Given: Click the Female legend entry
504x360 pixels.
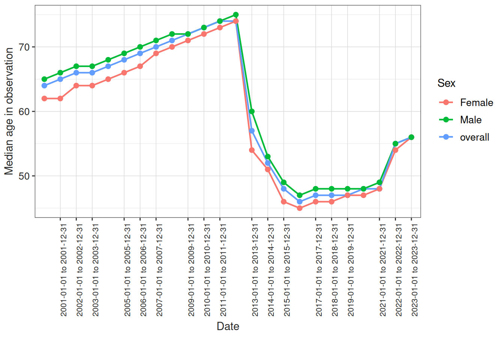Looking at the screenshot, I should pyautogui.click(x=476, y=102).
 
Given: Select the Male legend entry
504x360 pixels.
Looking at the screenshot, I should pyautogui.click(x=471, y=120).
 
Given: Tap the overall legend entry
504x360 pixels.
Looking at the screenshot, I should pyautogui.click(x=474, y=137).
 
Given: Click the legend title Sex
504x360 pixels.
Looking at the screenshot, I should pyautogui.click(x=446, y=83).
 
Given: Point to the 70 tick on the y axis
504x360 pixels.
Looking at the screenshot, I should pyautogui.click(x=24, y=47).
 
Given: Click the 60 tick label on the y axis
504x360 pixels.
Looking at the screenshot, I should pyautogui.click(x=24, y=112).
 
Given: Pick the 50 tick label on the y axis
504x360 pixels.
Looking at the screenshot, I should pyautogui.click(x=24, y=176).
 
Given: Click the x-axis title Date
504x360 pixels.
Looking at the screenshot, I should pyautogui.click(x=228, y=326).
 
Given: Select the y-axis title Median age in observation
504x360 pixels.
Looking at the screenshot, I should pyautogui.click(x=9, y=111).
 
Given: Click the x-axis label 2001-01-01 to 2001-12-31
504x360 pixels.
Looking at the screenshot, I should pyautogui.click(x=64, y=270).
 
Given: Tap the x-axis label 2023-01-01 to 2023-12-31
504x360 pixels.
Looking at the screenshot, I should pyautogui.click(x=415, y=270).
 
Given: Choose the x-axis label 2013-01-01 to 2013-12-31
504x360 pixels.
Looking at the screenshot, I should pyautogui.click(x=255, y=270).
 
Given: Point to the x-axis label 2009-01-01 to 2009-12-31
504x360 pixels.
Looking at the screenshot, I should pyautogui.click(x=191, y=270).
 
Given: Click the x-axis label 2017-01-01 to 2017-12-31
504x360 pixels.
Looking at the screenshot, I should pyautogui.click(x=319, y=270).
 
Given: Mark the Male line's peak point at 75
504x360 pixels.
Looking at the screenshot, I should pyautogui.click(x=236, y=15).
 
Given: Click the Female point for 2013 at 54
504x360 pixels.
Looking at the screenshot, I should pyautogui.click(x=252, y=150).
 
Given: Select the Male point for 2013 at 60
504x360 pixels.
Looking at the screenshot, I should pyautogui.click(x=252, y=111).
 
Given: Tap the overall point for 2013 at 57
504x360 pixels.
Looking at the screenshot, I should pyautogui.click(x=252, y=131).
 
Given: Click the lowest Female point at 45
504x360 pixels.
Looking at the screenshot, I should pyautogui.click(x=300, y=208).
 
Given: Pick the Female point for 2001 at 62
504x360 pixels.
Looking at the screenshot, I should pyautogui.click(x=60, y=99).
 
